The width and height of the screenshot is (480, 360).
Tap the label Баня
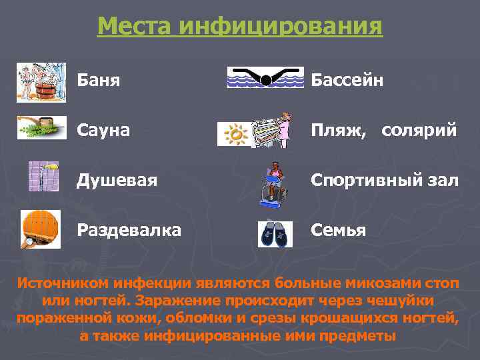pyautogui.click(x=98, y=81)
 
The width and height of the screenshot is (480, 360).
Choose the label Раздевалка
pyautogui.click(x=129, y=231)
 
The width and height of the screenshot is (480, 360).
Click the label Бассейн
pyautogui.click(x=347, y=81)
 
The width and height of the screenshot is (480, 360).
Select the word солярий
pyautogui.click(x=419, y=131)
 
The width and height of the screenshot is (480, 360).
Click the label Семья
pyautogui.click(x=338, y=231)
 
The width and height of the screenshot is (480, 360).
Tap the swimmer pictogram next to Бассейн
pyautogui.click(x=265, y=78)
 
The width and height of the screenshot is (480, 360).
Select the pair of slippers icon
pyautogui.click(x=275, y=234)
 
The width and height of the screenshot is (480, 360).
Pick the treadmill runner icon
pyautogui.click(x=274, y=183)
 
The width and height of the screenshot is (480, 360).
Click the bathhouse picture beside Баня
pyautogui.click(x=41, y=81)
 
